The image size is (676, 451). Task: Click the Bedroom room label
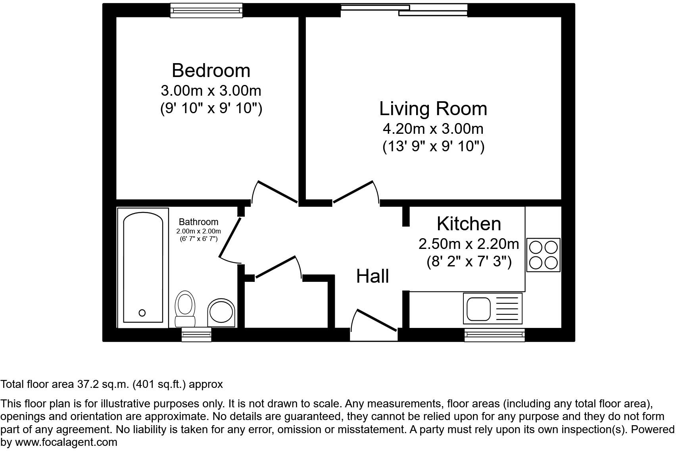coord(211,71)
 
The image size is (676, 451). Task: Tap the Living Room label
coord(433,109)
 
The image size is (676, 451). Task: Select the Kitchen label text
coord(469,224)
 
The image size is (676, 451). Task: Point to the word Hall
coord(373,276)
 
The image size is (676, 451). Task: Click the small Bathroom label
coord(199,222)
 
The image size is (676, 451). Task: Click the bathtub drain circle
coord(142,313)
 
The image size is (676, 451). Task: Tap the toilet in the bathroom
coord(185,308)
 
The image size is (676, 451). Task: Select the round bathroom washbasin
coord(221,313)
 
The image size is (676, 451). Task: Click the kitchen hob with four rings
coord(543,255)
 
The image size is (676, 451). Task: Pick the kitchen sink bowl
coord(478,308)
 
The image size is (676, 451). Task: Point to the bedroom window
coord(206,11)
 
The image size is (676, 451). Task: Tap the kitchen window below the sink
coord(494,335)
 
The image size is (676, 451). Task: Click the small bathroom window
coord(196,335)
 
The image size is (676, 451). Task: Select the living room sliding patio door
coord(404,10)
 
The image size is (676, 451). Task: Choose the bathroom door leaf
coord(230,237)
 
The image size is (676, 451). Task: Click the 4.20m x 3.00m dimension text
coord(433,129)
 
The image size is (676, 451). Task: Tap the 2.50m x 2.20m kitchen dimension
coord(469,244)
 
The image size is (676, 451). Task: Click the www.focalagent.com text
coord(66,442)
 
